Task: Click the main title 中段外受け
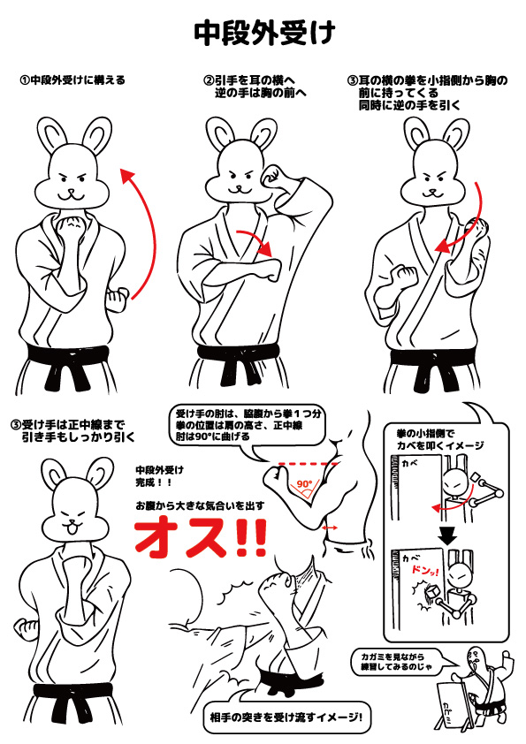click(264, 33)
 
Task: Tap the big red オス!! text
click(201, 538)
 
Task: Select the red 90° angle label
click(304, 484)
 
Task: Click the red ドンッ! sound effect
click(425, 571)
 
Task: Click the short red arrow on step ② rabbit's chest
click(256, 240)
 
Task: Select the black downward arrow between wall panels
click(447, 535)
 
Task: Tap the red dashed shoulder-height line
click(309, 463)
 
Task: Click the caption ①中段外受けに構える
click(72, 80)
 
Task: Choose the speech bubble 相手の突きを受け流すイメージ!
click(286, 717)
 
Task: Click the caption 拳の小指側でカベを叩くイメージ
click(440, 439)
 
